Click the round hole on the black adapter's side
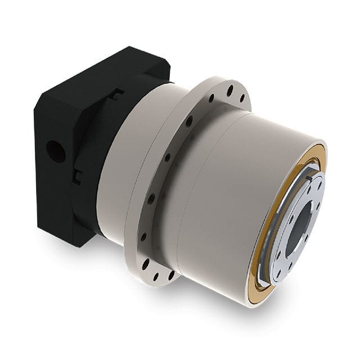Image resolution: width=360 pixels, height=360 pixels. tap(56, 151)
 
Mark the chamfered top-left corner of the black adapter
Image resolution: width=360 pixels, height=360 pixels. tap(42, 101)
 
